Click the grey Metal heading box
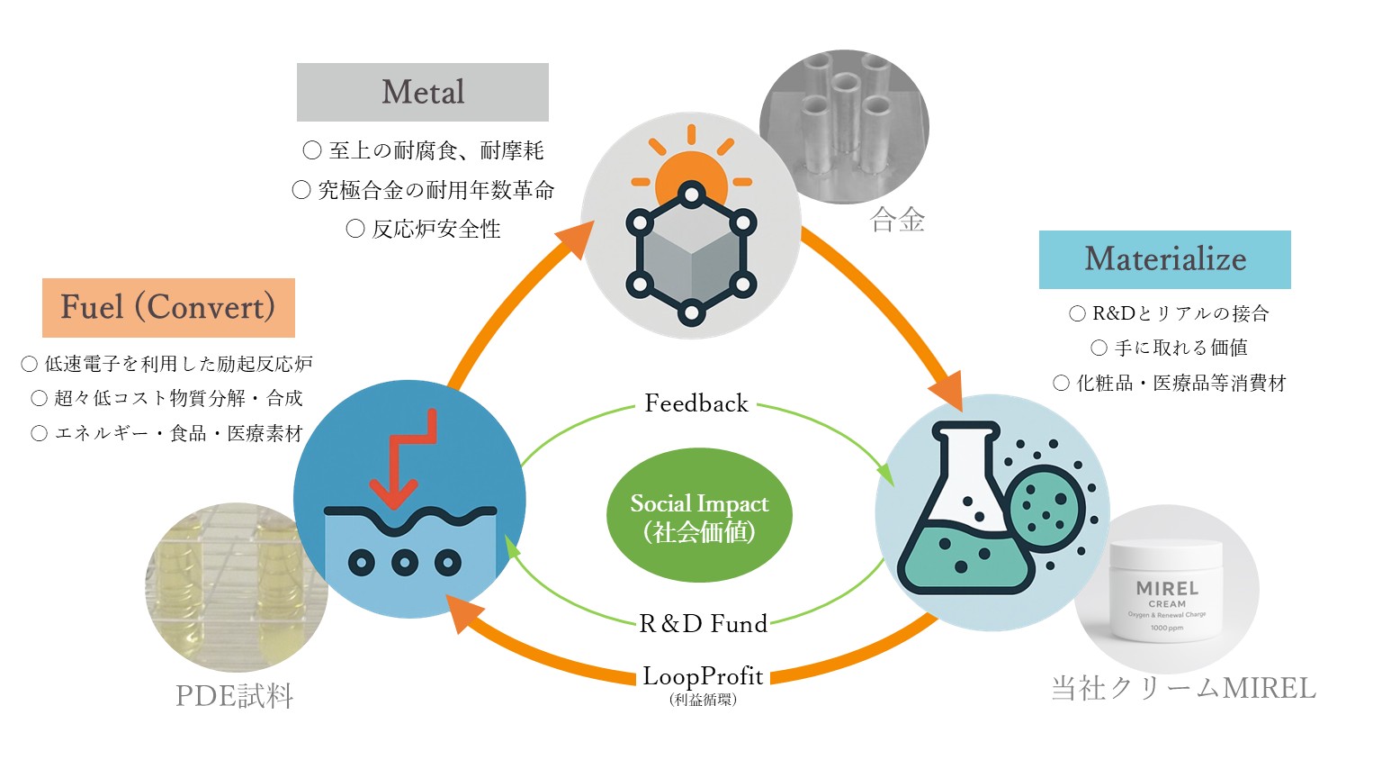[423, 92]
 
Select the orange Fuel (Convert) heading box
[168, 307]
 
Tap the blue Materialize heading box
[1164, 259]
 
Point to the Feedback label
[696, 403]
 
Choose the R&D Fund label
[703, 623]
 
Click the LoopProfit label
[703, 677]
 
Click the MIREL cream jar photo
[1166, 594]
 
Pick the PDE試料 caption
[234, 696]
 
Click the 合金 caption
[897, 221]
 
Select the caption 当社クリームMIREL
[1183, 689]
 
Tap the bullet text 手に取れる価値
[1180, 348]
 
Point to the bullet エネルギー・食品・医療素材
[178, 434]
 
